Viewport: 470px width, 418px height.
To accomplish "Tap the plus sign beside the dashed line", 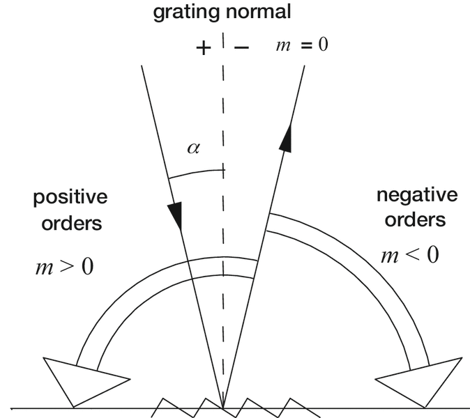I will [x=203, y=49].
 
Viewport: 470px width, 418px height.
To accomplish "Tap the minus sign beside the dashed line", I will [x=242, y=49].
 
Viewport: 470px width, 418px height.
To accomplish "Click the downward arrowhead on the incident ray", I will [x=176, y=214].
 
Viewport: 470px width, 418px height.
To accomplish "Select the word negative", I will [x=416, y=195].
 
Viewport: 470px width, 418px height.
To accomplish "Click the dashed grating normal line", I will [x=224, y=279].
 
